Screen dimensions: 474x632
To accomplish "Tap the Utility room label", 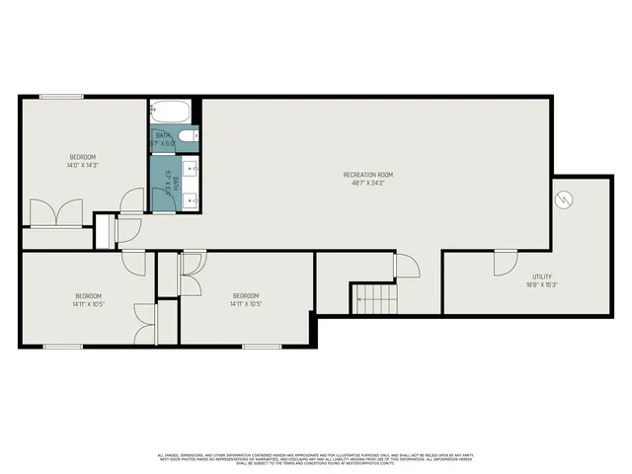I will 541,276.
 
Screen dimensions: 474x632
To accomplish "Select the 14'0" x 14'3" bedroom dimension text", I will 82,165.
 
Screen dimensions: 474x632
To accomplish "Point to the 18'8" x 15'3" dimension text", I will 541,284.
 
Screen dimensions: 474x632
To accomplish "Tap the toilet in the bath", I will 194,136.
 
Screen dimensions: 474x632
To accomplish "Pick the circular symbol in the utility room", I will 564,199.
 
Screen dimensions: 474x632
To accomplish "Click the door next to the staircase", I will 404,265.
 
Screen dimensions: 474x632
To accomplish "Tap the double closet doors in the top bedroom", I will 55,212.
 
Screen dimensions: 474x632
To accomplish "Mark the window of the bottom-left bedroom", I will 62,346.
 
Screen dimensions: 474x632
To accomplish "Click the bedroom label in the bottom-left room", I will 88,295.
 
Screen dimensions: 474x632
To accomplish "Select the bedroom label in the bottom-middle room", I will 245,295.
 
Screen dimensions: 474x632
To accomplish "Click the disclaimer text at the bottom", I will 316,458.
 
